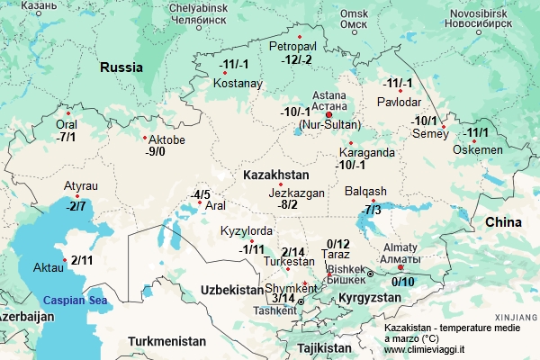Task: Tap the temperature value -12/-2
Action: point(296,59)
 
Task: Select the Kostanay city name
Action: point(238,84)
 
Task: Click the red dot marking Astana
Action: point(329,115)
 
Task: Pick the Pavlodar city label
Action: point(399,102)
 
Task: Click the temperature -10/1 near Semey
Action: point(424,121)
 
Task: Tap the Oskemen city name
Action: point(472,149)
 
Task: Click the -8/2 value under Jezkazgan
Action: point(288,204)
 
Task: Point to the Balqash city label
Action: point(365,191)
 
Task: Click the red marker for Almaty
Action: point(400,267)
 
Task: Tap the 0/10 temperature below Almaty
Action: point(402,282)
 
